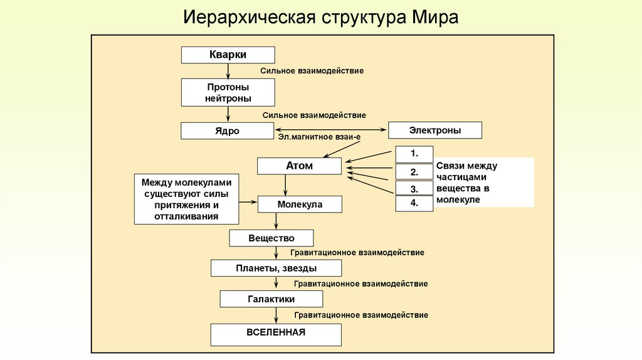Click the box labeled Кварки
click(228, 55)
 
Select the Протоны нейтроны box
click(228, 92)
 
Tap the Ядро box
click(228, 130)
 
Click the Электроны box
click(435, 130)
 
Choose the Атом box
click(299, 166)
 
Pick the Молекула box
click(299, 204)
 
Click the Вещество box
click(271, 238)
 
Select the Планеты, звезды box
click(276, 268)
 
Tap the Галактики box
click(271, 299)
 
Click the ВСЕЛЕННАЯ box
click(276, 334)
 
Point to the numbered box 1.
click(414, 154)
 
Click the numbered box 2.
click(414, 172)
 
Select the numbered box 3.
click(414, 188)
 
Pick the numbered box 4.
click(414, 203)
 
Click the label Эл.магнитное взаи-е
click(319, 135)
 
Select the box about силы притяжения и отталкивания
click(186, 199)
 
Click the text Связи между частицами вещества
click(467, 183)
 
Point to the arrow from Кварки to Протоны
click(228, 71)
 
